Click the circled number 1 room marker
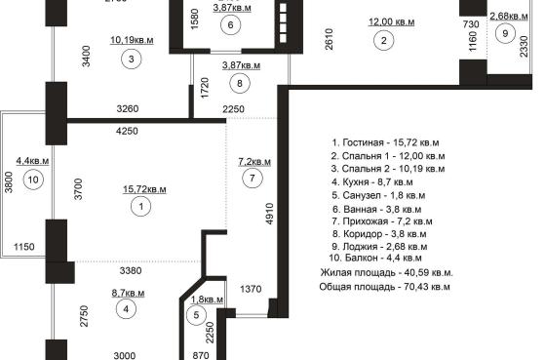(140, 206)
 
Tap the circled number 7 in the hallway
(252, 179)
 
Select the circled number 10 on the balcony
(33, 180)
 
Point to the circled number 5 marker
(196, 315)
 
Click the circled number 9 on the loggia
(505, 33)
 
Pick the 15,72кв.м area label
(144, 189)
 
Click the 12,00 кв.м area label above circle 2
(391, 21)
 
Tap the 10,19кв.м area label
(132, 40)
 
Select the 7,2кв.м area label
(254, 162)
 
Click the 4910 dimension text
(270, 215)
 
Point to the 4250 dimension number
(127, 131)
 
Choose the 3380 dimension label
(131, 270)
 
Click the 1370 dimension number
(251, 289)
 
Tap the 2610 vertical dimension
(330, 39)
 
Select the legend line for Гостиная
(385, 142)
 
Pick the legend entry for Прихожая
(382, 221)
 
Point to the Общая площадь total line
(385, 287)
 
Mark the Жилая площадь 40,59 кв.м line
(386, 273)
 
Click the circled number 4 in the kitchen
(126, 309)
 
